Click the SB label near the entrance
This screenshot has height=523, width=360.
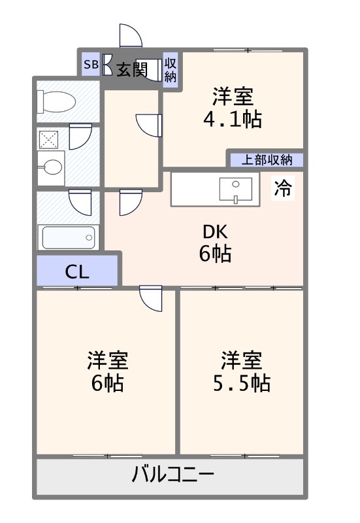90,65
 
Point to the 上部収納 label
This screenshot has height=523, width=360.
265,159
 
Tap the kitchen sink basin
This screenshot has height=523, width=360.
235,190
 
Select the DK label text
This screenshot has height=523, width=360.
215,231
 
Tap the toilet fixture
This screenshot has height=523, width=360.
57,102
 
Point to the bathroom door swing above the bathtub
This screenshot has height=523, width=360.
80,202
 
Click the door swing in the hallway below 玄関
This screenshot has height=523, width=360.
148,125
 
